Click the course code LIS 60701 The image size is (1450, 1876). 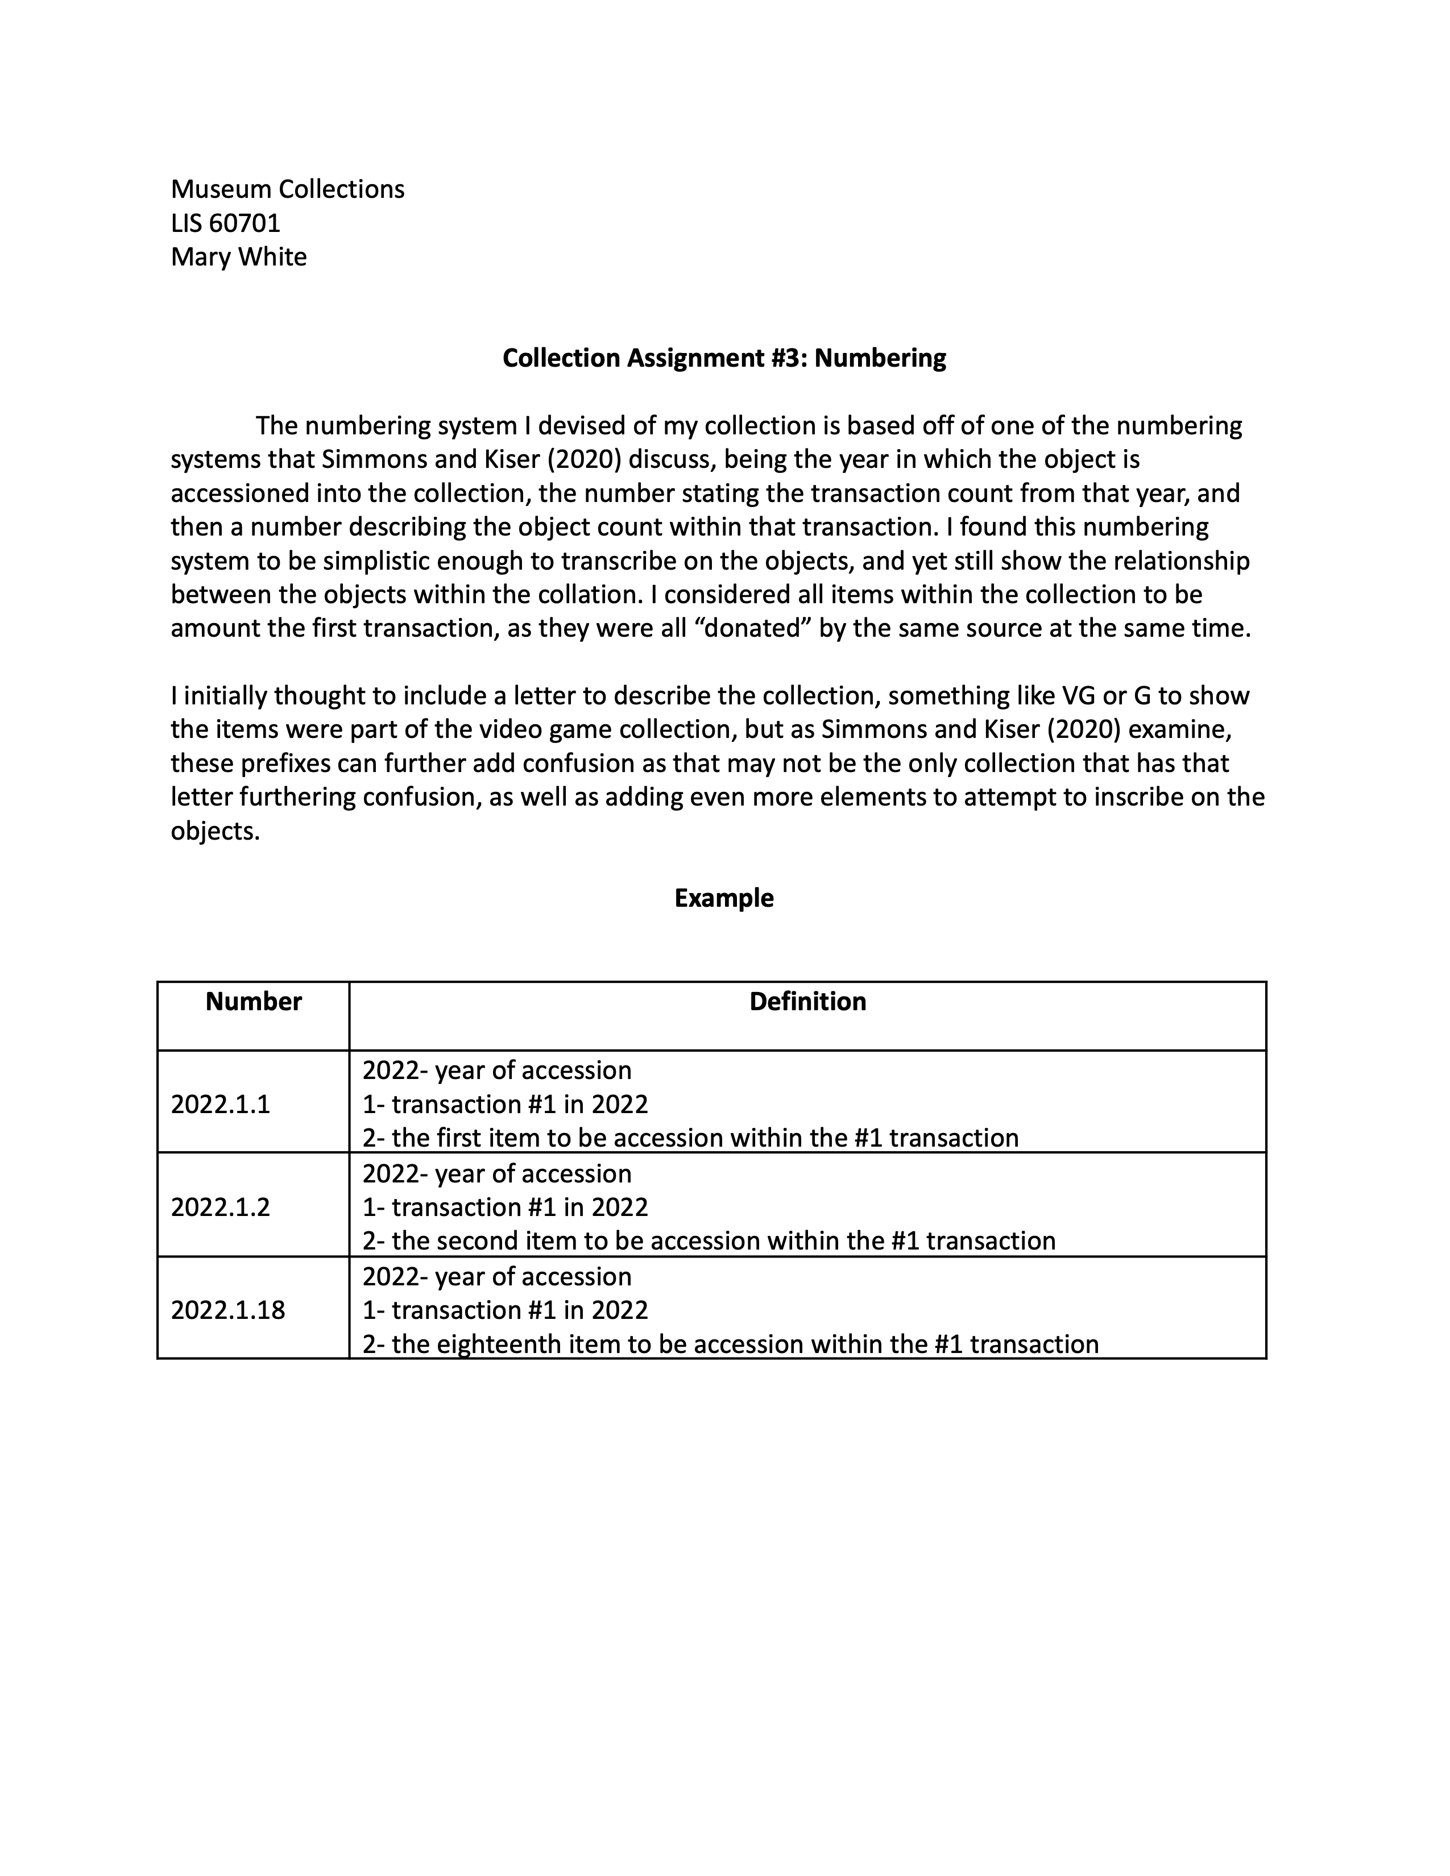click(x=225, y=223)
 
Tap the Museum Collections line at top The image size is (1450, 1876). click(x=287, y=189)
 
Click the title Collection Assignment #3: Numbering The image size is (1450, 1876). click(x=723, y=358)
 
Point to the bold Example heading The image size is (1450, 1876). click(x=723, y=898)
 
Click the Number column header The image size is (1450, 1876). click(x=254, y=1002)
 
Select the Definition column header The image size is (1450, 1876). click(x=807, y=1002)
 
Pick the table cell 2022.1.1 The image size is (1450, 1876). click(x=220, y=1104)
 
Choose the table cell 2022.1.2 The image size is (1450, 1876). click(x=220, y=1207)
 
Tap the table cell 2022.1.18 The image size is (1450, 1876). click(x=227, y=1310)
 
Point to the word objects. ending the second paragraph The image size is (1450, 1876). click(x=215, y=832)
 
